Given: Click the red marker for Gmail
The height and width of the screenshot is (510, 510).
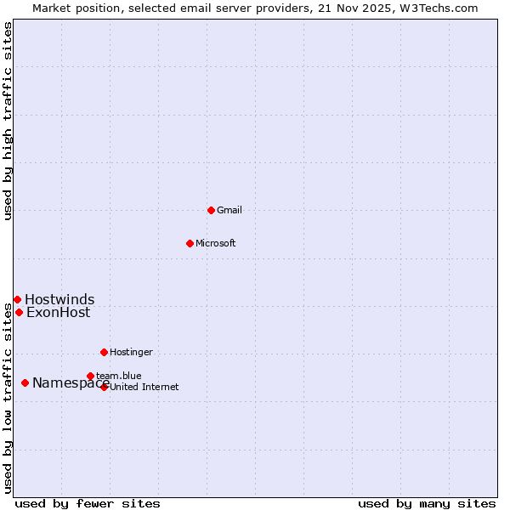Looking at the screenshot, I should coord(211,210).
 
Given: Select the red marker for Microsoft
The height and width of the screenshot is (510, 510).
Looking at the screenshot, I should coord(190,243).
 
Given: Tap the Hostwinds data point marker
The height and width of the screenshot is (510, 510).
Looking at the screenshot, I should coord(17,299).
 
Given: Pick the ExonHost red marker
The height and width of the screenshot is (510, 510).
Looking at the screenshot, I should coord(19,312).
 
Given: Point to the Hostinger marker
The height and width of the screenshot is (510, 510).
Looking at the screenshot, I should coord(104,352).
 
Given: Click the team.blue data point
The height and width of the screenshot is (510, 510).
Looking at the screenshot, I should coord(90,376).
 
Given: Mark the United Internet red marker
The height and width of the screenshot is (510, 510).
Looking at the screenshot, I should coord(105,387).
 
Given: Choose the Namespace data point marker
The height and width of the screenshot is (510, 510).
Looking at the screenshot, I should coord(25,382).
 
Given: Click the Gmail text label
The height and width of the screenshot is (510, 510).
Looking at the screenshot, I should coord(229,210).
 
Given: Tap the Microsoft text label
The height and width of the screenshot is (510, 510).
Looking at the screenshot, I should coord(215,243).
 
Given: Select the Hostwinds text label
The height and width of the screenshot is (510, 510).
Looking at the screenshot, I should coord(59,299).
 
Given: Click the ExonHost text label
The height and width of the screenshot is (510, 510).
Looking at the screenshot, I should coord(58,312).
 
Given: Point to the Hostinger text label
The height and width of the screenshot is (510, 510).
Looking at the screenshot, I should coord(131,352).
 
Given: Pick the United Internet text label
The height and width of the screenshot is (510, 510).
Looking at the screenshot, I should coord(144,387).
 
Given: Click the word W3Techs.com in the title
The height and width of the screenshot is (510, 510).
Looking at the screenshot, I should coord(439,8).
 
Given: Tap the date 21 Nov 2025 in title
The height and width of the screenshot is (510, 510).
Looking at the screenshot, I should coord(355,8).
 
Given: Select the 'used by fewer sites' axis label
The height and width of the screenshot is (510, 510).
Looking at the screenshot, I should coord(88,503).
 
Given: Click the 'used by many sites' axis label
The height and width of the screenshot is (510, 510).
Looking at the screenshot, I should coord(427,503).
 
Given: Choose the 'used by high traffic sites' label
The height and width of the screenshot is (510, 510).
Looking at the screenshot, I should coord(8,121).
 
